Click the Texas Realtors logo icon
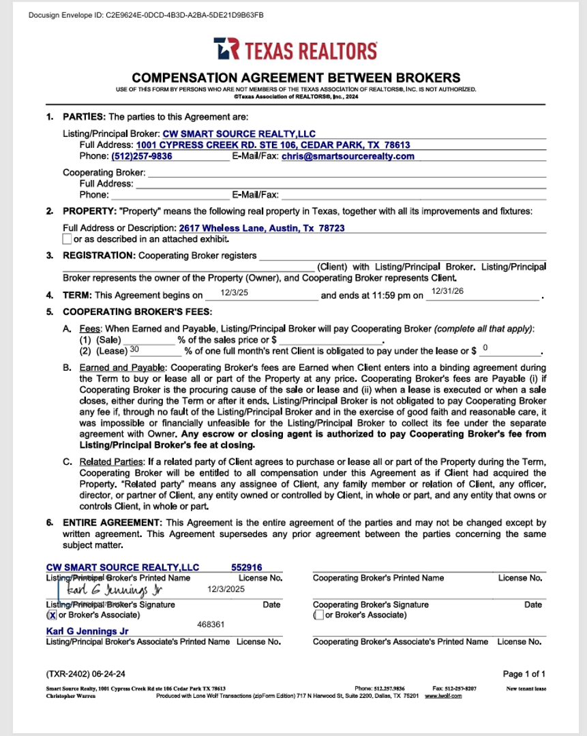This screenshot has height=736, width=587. [x=226, y=50]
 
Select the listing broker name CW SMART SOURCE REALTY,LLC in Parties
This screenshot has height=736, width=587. [x=239, y=134]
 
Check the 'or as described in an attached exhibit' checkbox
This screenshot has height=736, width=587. [x=67, y=239]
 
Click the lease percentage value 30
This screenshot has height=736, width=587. [x=134, y=349]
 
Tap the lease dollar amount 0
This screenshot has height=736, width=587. [x=485, y=348]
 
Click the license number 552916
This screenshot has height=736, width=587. [x=247, y=567]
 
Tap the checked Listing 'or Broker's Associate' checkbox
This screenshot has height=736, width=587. [x=50, y=615]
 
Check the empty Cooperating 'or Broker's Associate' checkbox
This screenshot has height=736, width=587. [x=318, y=615]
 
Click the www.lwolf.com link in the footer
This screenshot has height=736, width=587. [x=443, y=696]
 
